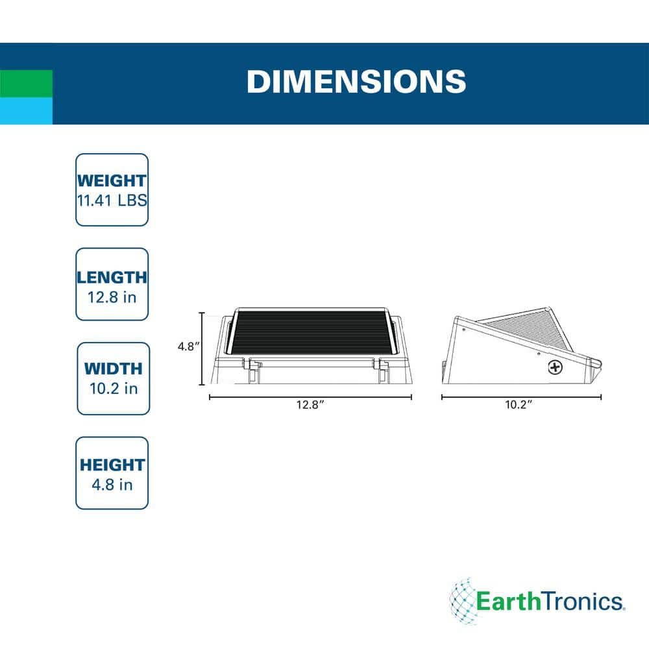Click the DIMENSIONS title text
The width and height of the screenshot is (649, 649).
point(356,81)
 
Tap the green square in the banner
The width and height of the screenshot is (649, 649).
point(26,84)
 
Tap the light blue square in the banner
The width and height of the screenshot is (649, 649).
point(26,111)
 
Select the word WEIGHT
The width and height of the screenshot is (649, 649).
point(112,181)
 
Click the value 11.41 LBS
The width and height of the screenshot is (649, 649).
point(112,201)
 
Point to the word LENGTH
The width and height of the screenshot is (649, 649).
point(112,277)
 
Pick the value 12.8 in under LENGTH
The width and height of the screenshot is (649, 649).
point(112,297)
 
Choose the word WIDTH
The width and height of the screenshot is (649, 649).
point(114,369)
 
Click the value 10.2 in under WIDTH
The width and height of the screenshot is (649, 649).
point(114,389)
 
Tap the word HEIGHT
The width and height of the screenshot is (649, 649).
point(112,465)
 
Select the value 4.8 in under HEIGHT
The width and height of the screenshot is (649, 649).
point(112,485)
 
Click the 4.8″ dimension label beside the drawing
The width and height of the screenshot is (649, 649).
point(189,347)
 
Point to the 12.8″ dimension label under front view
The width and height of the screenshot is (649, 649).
point(310,405)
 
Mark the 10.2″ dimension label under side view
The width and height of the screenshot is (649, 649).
point(518,405)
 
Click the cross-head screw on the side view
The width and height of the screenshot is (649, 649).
point(555,367)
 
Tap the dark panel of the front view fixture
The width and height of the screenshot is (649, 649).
point(310,332)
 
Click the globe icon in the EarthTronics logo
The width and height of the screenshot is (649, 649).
point(462,600)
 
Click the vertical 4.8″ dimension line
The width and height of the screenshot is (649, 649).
point(202,349)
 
